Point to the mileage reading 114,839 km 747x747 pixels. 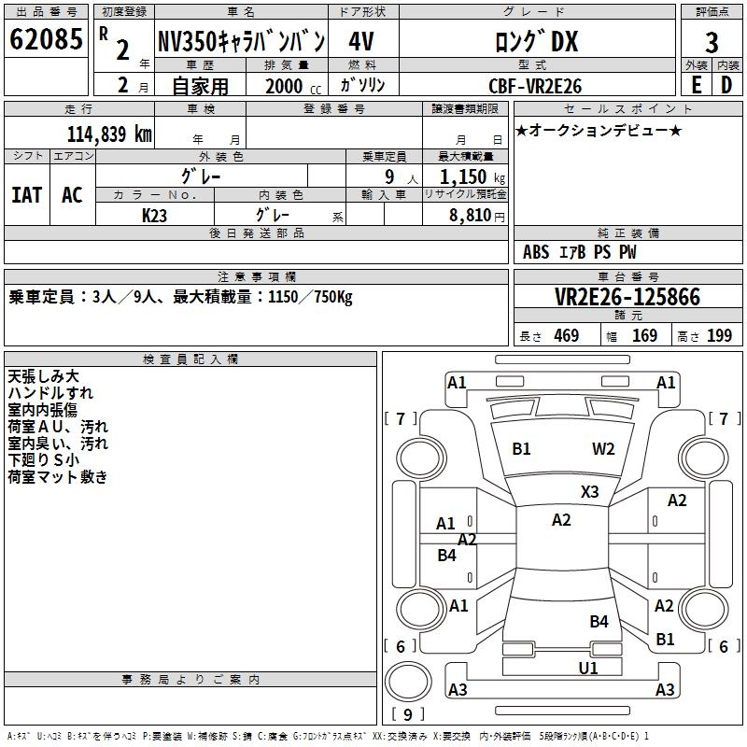click(x=109, y=134)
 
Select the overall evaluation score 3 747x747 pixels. click(x=712, y=43)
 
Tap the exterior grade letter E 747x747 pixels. click(x=696, y=85)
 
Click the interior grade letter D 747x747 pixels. click(x=726, y=85)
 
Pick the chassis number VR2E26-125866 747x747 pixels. click(x=627, y=297)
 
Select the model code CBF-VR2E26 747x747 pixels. click(x=536, y=86)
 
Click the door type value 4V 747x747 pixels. click(x=362, y=42)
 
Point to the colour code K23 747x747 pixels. click(x=155, y=215)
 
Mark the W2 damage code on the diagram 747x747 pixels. click(x=603, y=449)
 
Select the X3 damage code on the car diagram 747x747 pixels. click(x=590, y=491)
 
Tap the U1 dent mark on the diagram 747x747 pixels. click(x=588, y=668)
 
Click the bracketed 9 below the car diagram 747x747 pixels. click(x=408, y=714)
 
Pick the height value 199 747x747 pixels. click(x=719, y=336)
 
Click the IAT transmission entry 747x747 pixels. click(x=26, y=194)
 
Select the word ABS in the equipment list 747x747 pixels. click(x=536, y=252)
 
